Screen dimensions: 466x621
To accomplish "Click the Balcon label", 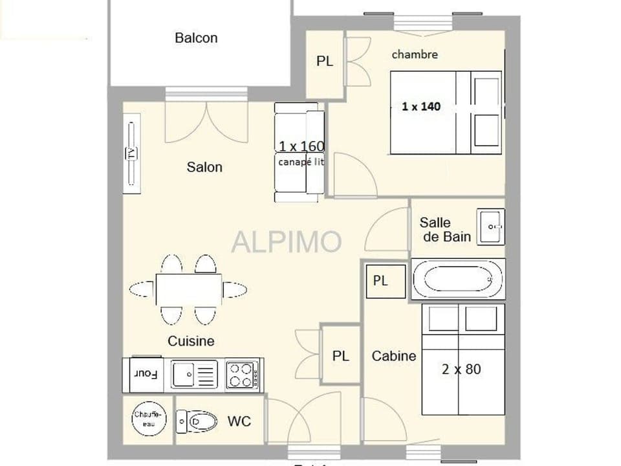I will click(x=196, y=38).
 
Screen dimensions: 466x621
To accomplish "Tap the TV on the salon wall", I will click(x=131, y=153).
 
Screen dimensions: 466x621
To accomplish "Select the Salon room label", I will click(x=204, y=167).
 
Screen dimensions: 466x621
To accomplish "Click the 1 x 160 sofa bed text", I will click(x=301, y=146).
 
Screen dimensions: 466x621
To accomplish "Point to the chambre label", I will click(x=415, y=55).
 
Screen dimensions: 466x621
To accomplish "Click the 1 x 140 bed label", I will click(x=421, y=107).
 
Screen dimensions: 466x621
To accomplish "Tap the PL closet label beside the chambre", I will click(x=325, y=61).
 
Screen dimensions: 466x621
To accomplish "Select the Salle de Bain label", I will click(x=445, y=229).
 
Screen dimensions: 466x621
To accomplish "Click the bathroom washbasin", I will click(x=491, y=227).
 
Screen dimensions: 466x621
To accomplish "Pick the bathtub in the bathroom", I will click(x=457, y=280).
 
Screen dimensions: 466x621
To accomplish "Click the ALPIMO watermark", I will click(x=287, y=241).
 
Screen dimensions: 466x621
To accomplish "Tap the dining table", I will click(x=188, y=289).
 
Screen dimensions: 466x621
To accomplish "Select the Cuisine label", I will click(x=191, y=341).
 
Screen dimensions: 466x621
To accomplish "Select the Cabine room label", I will click(x=393, y=356).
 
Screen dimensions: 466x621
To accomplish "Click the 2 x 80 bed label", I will click(x=461, y=370).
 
